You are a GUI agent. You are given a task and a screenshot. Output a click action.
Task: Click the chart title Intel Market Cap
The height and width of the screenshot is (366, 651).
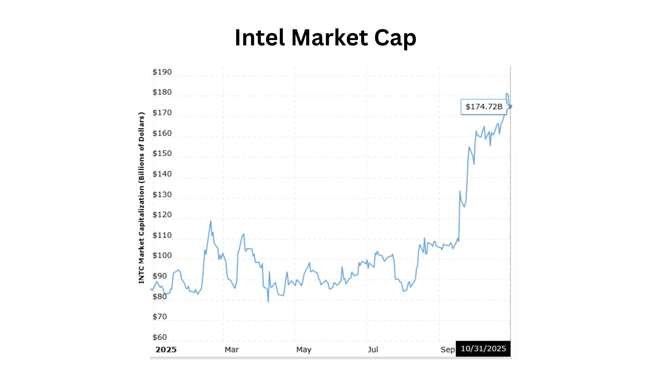click(325, 37)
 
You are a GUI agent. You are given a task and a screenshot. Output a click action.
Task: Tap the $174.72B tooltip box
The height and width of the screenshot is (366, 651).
click(484, 107)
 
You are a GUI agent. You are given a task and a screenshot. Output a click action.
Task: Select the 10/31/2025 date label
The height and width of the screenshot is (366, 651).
click(483, 349)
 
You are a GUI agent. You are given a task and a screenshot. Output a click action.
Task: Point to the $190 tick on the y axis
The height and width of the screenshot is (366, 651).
click(162, 72)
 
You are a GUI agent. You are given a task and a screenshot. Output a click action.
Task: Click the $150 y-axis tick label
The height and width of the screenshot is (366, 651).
click(162, 153)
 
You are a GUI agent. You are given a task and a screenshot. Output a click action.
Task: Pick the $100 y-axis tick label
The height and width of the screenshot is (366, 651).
click(162, 255)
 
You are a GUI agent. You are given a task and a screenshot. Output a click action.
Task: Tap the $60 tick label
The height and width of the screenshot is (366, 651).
click(160, 337)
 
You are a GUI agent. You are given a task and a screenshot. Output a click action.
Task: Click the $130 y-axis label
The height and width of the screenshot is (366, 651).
click(162, 195)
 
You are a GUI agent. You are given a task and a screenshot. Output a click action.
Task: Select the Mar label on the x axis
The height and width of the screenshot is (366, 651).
click(232, 350)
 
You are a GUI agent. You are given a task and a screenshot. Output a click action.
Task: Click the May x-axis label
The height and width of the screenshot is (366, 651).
click(303, 350)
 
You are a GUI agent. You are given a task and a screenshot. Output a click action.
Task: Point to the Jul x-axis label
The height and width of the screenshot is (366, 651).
click(373, 350)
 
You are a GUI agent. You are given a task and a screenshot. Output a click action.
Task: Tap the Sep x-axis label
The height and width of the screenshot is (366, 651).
click(448, 350)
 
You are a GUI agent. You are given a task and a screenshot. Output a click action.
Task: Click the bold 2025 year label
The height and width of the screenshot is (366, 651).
click(166, 350)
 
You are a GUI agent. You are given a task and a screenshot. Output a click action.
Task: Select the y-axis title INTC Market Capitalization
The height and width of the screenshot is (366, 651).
click(141, 198)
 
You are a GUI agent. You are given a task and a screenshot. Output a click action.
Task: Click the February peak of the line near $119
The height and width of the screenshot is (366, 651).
click(211, 221)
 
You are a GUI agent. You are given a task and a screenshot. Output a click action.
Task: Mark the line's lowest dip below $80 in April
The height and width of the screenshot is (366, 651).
click(268, 301)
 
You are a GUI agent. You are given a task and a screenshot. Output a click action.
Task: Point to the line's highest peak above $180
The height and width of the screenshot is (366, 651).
click(507, 93)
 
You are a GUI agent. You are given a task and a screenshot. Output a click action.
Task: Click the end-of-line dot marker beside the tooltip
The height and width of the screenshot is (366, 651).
click(510, 107)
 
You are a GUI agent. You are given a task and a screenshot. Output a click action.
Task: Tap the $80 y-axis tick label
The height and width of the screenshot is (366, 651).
click(160, 297)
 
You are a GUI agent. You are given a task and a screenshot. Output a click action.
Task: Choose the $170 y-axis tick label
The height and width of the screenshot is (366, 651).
click(162, 113)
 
